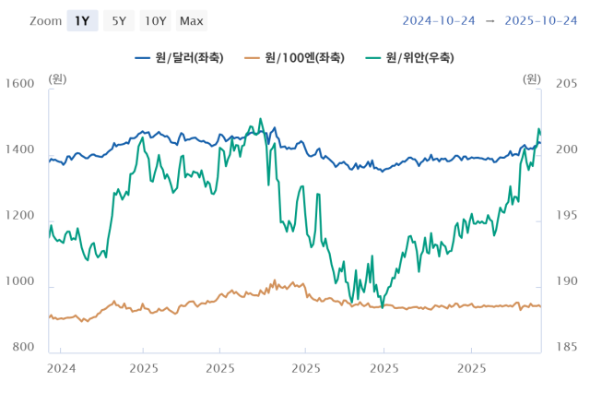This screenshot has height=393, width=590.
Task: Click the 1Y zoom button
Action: tap(82, 20)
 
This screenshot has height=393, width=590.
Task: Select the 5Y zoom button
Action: tap(120, 20)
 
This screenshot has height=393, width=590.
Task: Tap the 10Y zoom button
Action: tap(156, 20)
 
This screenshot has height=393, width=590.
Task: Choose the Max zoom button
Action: tap(192, 20)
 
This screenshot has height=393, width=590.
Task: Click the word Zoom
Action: tap(44, 20)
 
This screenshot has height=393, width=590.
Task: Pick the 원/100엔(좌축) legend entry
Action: tap(294, 57)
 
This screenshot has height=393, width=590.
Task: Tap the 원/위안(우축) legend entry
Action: tap(408, 57)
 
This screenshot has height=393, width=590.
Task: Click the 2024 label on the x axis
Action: tap(61, 367)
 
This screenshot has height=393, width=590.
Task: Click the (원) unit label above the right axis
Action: tap(533, 77)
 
